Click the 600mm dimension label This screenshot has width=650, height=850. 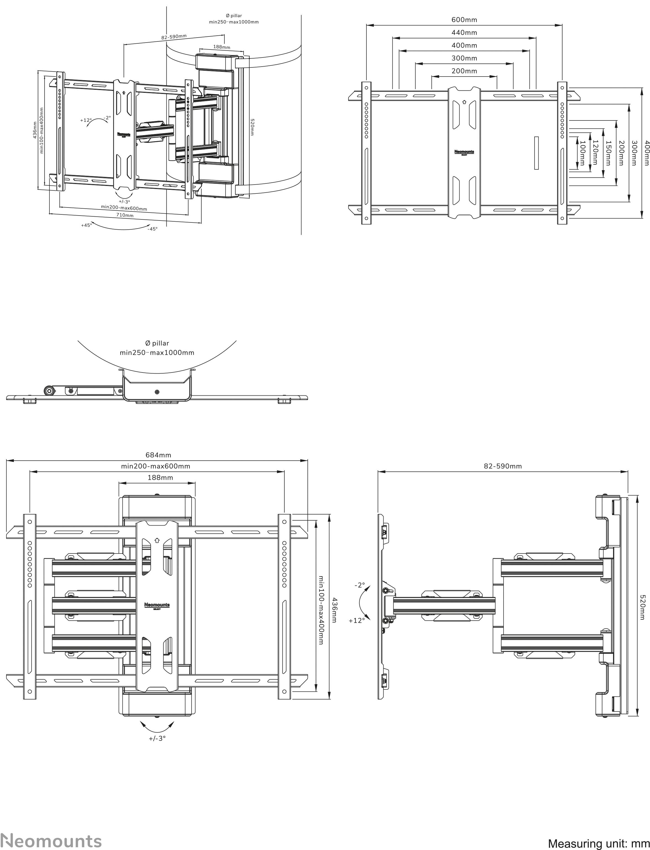click(464, 20)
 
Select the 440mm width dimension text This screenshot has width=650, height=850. click(464, 33)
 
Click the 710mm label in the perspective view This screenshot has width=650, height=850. click(125, 215)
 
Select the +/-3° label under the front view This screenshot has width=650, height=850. click(157, 738)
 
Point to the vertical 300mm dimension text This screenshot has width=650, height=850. click(634, 153)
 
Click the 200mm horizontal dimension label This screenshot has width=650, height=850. click(464, 71)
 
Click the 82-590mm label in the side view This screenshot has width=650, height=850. click(503, 466)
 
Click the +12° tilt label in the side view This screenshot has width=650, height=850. click(356, 621)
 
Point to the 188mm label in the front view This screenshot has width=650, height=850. click(160, 478)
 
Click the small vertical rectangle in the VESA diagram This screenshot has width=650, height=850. click(536, 153)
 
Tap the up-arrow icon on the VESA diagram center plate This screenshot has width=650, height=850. click(464, 103)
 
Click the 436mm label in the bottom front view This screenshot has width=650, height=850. click(335, 610)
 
